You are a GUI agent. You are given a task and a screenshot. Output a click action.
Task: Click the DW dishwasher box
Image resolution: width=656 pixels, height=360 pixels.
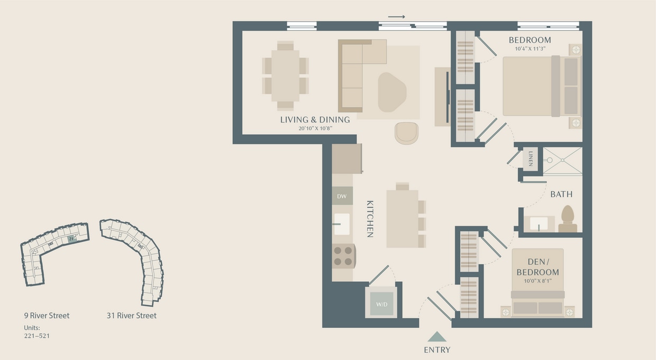(342, 196)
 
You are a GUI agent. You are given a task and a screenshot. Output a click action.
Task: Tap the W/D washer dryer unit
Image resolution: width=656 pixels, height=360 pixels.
(381, 304)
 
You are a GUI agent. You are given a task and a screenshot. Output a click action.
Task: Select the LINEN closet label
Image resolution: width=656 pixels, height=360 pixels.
(531, 159)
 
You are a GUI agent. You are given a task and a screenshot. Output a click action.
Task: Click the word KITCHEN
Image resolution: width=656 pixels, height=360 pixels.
(370, 218)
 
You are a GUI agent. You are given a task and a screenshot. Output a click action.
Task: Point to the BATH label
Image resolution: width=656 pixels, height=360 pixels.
(561, 195)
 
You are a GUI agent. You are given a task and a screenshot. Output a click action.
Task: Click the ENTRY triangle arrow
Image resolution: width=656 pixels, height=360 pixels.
(437, 336)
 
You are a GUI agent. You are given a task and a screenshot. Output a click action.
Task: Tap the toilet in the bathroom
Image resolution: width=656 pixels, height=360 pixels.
(567, 219)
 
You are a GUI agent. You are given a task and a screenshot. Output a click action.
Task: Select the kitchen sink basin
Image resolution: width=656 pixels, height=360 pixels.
(342, 224)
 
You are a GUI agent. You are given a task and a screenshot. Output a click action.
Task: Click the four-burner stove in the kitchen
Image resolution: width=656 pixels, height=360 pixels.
(343, 256)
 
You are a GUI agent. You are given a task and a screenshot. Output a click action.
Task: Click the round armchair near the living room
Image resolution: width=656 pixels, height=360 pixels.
(406, 132)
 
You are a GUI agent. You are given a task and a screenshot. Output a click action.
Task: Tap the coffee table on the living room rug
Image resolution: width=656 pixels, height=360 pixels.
(392, 92)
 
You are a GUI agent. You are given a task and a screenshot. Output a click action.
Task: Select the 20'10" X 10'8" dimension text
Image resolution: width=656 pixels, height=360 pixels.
(315, 128)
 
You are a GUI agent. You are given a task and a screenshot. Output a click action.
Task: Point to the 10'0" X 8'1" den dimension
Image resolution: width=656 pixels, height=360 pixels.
(537, 281)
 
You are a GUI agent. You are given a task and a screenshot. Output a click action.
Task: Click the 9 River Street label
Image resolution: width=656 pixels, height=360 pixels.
(47, 316)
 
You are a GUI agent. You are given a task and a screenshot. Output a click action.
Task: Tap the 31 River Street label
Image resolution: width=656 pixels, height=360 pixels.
(131, 316)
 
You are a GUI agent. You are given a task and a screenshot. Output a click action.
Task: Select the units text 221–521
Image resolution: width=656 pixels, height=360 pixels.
(37, 336)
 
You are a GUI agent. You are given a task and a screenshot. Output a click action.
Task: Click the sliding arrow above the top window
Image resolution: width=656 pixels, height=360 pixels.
(396, 17)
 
